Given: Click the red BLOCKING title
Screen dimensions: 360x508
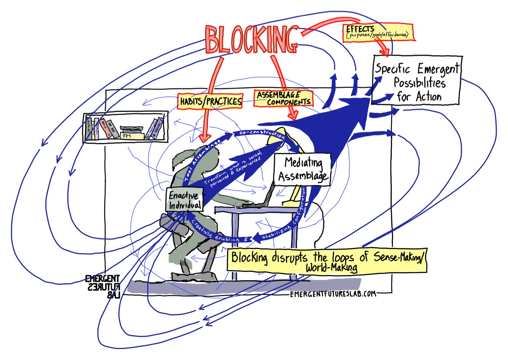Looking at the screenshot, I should [x=251, y=39].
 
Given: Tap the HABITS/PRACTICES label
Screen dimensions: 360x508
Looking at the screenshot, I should [x=210, y=102].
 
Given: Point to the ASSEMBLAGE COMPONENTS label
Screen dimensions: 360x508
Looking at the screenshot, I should [x=283, y=99].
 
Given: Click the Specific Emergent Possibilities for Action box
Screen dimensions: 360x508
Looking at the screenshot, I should [x=417, y=82].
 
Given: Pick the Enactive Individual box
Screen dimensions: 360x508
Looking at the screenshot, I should [x=184, y=200].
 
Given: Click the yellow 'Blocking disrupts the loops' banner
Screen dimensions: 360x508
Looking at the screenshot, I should [x=327, y=260].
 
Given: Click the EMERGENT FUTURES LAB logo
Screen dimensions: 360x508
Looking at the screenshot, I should [x=102, y=286].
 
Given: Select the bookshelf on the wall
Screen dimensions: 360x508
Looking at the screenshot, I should [x=126, y=127].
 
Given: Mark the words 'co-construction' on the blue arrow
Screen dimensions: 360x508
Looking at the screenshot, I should [x=262, y=133].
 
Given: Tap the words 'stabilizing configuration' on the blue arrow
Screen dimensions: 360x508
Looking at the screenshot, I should [x=290, y=218].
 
